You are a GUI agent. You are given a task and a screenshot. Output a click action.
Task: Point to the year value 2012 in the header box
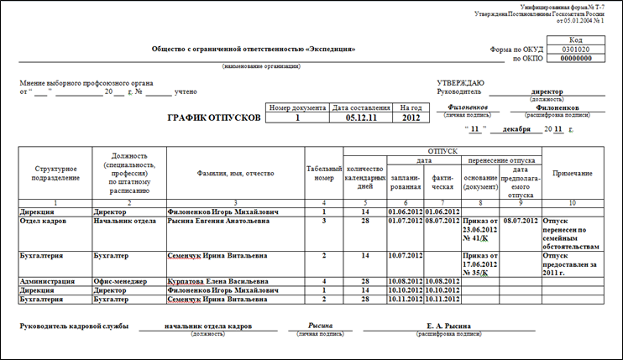410,118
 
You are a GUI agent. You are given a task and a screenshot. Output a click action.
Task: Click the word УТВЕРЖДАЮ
460,82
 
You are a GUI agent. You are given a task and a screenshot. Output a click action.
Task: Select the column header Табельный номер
323,174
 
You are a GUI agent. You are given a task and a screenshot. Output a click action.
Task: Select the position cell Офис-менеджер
122,280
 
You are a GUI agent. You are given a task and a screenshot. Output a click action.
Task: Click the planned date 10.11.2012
406,298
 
